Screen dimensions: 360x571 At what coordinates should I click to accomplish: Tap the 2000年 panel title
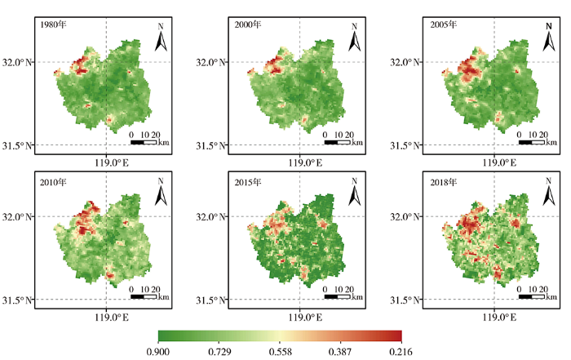[x=250, y=24]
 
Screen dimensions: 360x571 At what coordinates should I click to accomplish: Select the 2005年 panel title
[x=444, y=24]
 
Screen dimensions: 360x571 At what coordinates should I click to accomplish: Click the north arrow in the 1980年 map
[x=162, y=37]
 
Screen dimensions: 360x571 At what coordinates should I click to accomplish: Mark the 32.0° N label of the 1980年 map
[x=18, y=61]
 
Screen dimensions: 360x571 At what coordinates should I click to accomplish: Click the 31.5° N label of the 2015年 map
[x=211, y=300]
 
